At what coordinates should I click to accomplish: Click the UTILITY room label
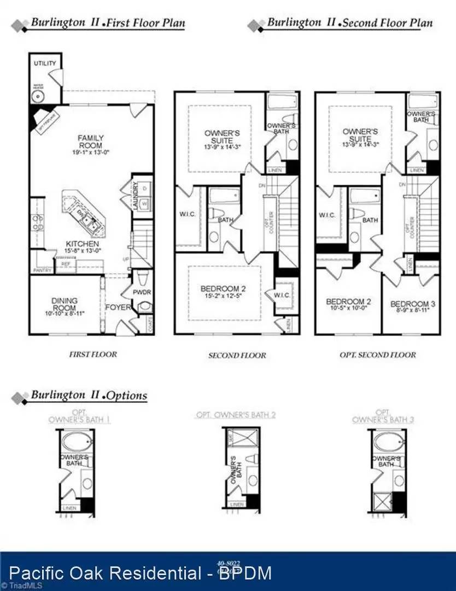click(45, 63)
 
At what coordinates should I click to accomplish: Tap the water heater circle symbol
click(38, 96)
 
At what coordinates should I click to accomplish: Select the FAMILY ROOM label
click(90, 141)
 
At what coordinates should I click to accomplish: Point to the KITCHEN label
click(83, 244)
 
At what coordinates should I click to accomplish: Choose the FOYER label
click(117, 307)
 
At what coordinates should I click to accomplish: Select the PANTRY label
click(42, 270)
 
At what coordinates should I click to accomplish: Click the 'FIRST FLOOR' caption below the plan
click(92, 354)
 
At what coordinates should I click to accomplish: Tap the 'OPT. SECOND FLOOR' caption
click(378, 355)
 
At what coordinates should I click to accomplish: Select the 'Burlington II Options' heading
click(87, 395)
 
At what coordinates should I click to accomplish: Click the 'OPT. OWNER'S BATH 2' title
click(236, 415)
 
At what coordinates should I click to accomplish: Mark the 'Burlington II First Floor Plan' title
click(107, 23)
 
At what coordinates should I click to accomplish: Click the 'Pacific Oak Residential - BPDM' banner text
click(141, 573)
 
